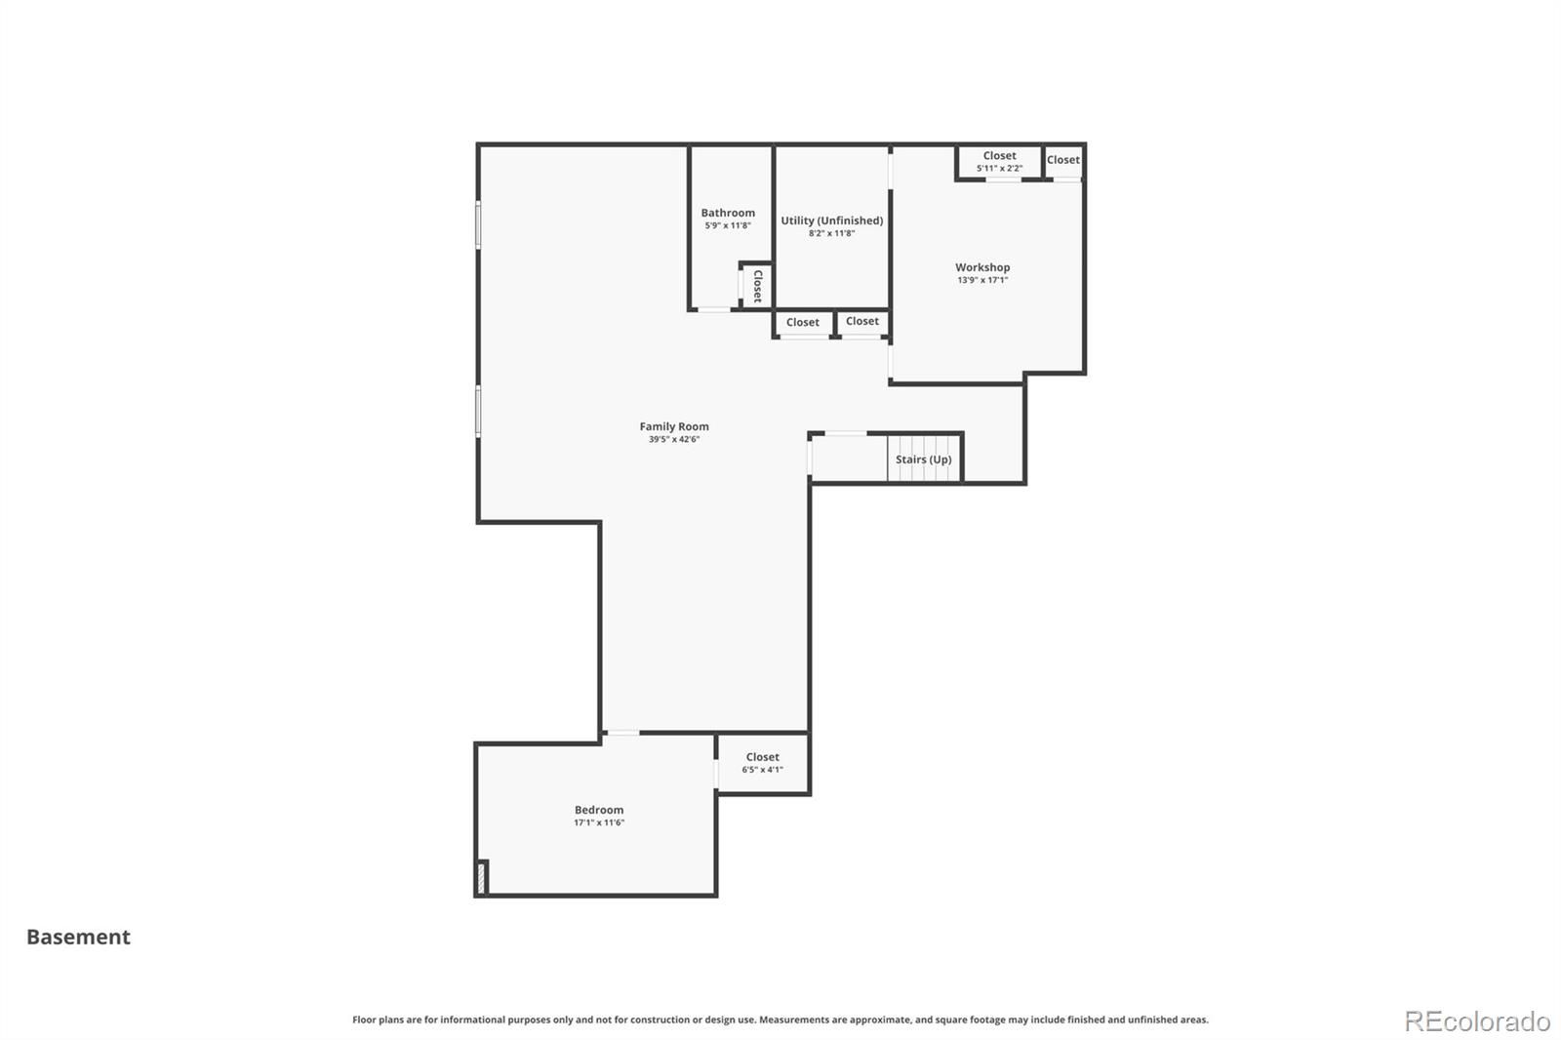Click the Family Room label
click(x=674, y=426)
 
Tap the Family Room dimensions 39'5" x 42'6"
click(x=674, y=439)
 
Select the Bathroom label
click(x=728, y=213)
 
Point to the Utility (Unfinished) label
click(x=831, y=220)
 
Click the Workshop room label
click(x=981, y=267)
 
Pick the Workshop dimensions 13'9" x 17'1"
click(x=981, y=280)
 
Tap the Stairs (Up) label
click(x=923, y=460)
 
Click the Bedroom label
click(x=599, y=810)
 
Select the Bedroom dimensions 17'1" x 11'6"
click(x=599, y=822)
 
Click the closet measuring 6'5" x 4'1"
click(x=762, y=763)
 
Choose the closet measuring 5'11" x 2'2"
click(x=999, y=162)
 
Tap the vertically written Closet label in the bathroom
click(x=757, y=286)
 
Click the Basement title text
click(x=78, y=937)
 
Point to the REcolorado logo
click(x=1477, y=1021)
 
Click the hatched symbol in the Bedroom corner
click(x=481, y=878)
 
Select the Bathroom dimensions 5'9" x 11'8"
click(x=728, y=225)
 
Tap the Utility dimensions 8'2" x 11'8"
click(x=831, y=233)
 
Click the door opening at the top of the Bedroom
click(x=622, y=733)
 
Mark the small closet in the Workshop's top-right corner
click(x=1063, y=162)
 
